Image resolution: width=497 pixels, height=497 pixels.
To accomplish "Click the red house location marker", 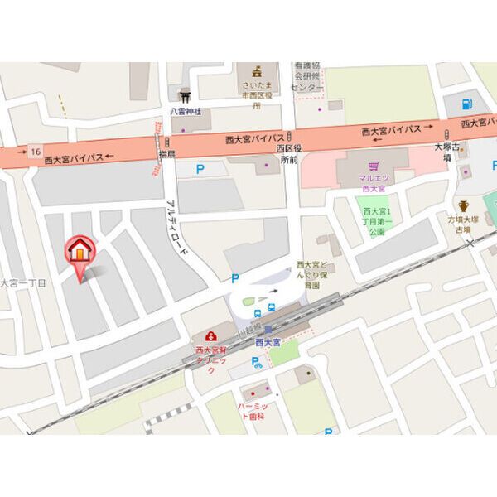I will pyautogui.click(x=80, y=251).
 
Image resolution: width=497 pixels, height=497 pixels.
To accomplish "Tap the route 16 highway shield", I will pyautogui.click(x=36, y=151).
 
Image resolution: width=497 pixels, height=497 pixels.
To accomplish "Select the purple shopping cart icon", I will pyautogui.click(x=374, y=164).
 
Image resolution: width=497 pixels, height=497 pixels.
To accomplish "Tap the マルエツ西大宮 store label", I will pyautogui.click(x=374, y=183).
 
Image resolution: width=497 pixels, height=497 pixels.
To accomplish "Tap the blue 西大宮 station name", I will pyautogui.click(x=268, y=340).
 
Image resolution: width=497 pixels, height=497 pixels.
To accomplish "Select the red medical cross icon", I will pyautogui.click(x=210, y=336).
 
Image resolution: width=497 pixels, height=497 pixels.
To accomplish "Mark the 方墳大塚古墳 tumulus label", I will pyautogui.click(x=464, y=226).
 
